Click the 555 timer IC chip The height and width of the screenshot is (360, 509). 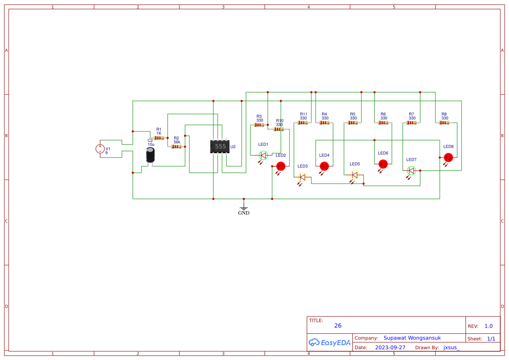pos(220,147)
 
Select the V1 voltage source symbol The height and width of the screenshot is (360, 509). pos(100,149)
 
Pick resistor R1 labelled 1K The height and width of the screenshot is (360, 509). pos(159,138)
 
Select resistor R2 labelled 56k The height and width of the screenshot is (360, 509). pos(176,147)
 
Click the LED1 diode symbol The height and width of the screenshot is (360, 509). pos(263,155)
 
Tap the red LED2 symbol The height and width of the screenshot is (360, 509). pos(281,166)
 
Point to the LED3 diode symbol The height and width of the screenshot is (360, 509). pos(303,177)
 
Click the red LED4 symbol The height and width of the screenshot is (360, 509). pos(324,166)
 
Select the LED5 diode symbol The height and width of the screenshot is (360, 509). pos(355,175)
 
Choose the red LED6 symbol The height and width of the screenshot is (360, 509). pos(383,164)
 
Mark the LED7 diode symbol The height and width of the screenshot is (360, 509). pos(411,171)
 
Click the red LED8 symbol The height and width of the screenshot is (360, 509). pos(448,158)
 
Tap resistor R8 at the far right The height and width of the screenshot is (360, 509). pos(444,123)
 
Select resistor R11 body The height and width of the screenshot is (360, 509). pos(303,123)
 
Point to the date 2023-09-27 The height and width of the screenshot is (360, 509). pos(390,348)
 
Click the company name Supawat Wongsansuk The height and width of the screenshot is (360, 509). pos(412,338)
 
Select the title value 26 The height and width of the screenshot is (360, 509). pos(338,326)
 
